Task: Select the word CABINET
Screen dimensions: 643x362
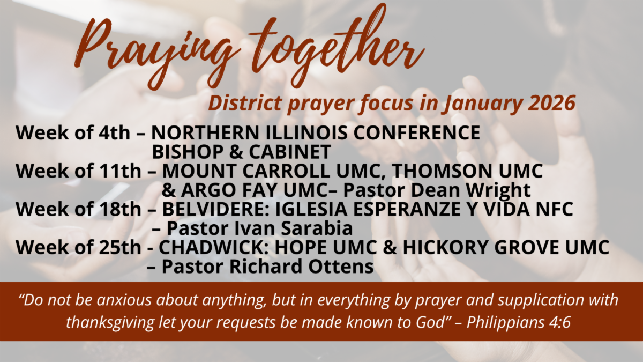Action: point(290,152)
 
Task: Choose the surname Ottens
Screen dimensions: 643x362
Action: point(341,267)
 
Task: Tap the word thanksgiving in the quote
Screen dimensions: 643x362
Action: point(110,323)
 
